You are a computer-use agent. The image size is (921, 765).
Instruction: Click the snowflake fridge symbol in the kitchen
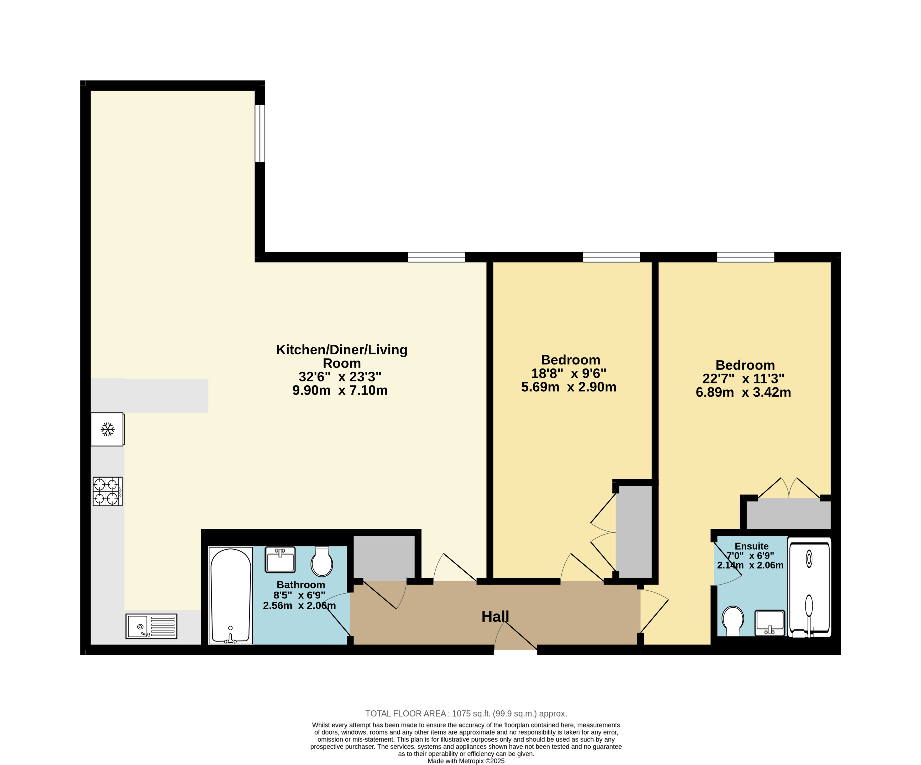tap(107, 430)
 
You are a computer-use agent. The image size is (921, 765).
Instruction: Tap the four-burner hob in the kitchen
tap(107, 491)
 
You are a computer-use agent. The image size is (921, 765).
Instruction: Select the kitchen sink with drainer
tap(151, 626)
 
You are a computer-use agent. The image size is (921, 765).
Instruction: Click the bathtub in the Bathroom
tap(231, 595)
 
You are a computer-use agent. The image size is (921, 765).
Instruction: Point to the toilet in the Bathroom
tap(322, 561)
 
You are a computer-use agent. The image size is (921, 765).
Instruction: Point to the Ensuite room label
tap(752, 546)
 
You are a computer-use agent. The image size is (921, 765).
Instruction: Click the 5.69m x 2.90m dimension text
tap(569, 387)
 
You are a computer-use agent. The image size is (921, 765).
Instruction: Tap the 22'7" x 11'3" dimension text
tap(743, 379)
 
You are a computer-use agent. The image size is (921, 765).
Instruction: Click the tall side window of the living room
tap(260, 133)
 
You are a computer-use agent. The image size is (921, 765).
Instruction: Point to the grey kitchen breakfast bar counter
tap(149, 396)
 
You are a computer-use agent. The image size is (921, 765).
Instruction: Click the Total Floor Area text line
tap(466, 714)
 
